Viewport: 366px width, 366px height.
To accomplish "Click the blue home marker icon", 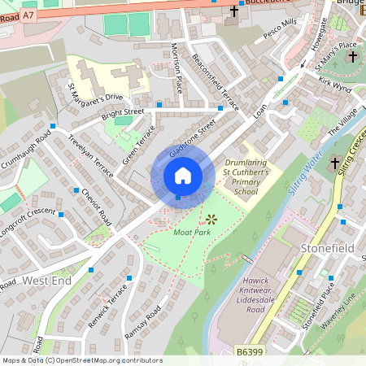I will pyautogui.click(x=183, y=176).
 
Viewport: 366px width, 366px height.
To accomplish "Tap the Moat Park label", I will pyautogui.click(x=192, y=232).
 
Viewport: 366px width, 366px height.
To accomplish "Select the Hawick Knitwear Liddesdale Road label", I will pyautogui.click(x=243, y=295).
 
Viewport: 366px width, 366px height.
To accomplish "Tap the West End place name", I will pyautogui.click(x=47, y=280).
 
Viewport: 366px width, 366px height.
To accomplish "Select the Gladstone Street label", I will pyautogui.click(x=192, y=139).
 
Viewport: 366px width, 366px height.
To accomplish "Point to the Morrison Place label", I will pyautogui.click(x=176, y=69).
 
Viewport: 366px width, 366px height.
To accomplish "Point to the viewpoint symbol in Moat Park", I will pyautogui.click(x=211, y=219).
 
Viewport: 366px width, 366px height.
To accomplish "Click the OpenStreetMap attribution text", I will pyautogui.click(x=82, y=359).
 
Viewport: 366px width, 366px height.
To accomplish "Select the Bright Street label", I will pyautogui.click(x=123, y=113).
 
